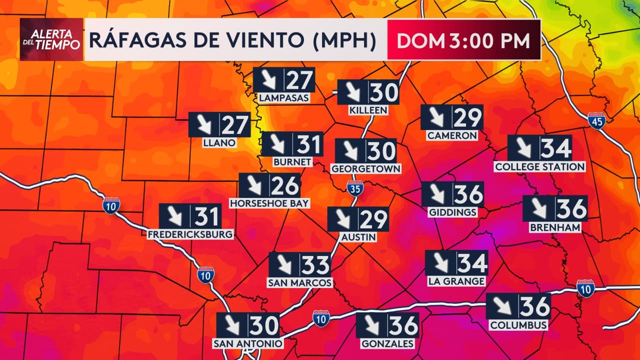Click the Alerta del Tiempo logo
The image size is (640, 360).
coord(51,39)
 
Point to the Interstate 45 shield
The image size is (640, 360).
coord(596,120)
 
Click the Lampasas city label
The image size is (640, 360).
coord(284,98)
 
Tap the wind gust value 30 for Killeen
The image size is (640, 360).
coord(384,92)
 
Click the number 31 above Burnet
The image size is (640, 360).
coord(308,144)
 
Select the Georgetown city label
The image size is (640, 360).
coord(366,168)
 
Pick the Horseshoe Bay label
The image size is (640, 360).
coord(269,203)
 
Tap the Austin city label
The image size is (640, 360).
coord(357,236)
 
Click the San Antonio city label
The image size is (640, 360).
coord(248,343)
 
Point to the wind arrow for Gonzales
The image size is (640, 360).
coord(371,325)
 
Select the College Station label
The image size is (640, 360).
coord(539,166)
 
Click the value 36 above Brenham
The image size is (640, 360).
coord(571,208)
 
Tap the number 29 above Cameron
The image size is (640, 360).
coord(468,117)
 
